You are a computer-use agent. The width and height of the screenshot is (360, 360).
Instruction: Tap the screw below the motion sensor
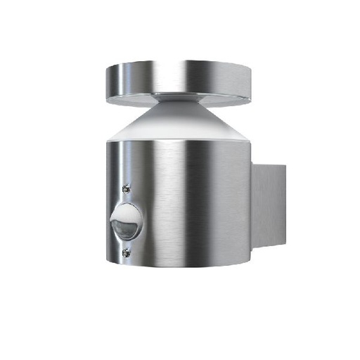(x=127, y=252)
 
